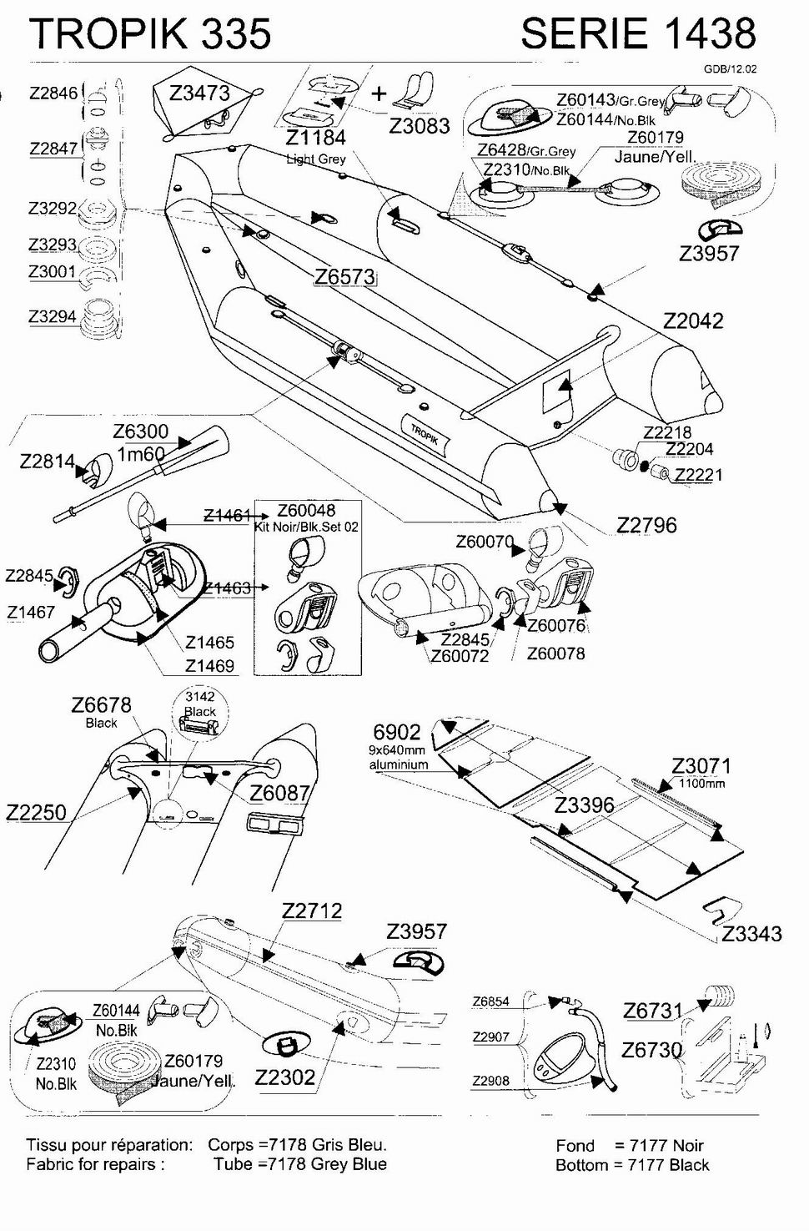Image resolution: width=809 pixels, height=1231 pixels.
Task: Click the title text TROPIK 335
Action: point(150,33)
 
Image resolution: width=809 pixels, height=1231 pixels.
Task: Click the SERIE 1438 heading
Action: point(638,33)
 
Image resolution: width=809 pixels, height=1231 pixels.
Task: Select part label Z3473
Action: point(199,93)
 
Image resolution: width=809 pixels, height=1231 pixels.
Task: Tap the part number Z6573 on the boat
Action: point(344,277)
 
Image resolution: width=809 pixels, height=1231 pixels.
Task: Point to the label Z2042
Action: point(693,320)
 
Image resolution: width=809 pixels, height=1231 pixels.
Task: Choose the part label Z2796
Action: point(646,525)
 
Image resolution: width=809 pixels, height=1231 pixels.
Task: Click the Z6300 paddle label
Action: point(140,431)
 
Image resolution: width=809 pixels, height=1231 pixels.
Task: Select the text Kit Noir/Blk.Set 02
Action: point(306,527)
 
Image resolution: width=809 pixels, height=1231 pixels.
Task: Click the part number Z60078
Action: point(555,653)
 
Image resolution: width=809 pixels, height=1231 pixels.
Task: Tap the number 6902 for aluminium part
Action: point(397,732)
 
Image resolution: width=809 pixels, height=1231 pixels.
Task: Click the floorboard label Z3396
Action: point(584,805)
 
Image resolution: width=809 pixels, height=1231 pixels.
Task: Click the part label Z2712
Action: point(312,911)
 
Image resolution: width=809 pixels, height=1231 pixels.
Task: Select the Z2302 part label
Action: point(285,1077)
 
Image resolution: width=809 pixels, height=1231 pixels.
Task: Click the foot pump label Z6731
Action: point(653,1011)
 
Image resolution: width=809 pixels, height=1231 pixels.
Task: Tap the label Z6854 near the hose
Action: point(490,1001)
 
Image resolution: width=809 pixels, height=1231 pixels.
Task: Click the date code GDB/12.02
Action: point(730,69)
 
